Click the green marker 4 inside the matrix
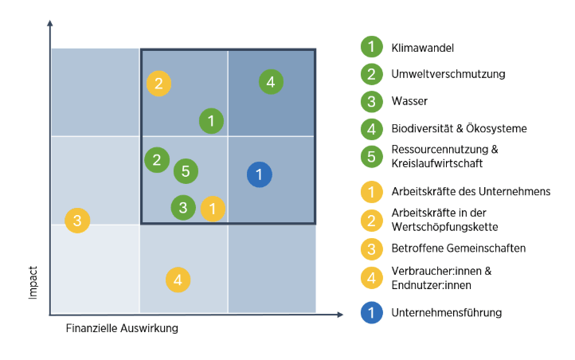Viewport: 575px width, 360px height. (271, 82)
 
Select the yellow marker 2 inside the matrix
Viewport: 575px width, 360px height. (158, 84)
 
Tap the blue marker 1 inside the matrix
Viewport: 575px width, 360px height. (260, 174)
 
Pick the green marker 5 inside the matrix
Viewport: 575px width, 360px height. (186, 171)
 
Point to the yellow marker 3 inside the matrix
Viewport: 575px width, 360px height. (77, 221)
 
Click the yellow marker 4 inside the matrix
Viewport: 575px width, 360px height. (178, 280)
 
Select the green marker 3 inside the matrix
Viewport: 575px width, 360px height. (183, 208)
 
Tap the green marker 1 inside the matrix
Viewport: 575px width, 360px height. (211, 120)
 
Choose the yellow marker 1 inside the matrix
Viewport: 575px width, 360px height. (213, 209)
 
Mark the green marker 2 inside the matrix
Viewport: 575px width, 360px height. (157, 160)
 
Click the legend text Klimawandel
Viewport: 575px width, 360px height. (422, 48)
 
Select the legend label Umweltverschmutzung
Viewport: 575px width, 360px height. (448, 74)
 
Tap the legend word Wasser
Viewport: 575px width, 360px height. (409, 101)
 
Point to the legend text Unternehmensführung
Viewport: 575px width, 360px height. (447, 313)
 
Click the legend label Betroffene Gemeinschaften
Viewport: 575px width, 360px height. (459, 248)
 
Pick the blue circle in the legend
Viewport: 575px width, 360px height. (371, 313)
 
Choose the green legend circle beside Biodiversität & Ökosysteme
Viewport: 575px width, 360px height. (371, 129)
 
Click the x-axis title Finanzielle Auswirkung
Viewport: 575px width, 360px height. (122, 328)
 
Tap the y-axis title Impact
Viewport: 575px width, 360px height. (33, 283)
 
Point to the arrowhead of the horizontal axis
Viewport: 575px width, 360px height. (340, 315)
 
